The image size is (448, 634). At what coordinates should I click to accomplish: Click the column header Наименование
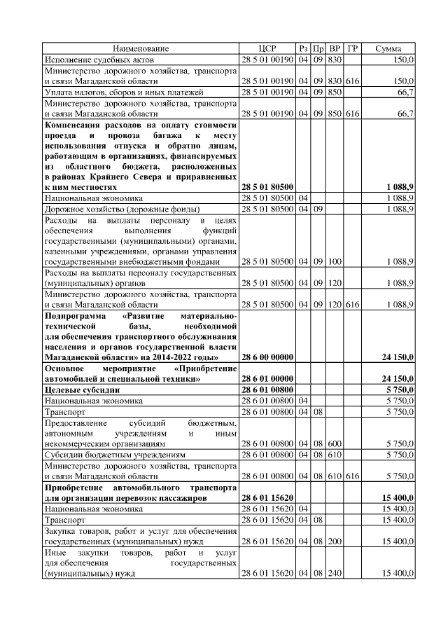tap(141, 49)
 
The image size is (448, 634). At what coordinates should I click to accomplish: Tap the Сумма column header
tap(388, 49)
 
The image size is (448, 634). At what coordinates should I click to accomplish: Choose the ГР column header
tap(352, 49)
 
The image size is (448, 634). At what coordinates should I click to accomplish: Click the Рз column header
tap(302, 49)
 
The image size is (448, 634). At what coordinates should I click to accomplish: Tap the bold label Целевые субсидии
tap(83, 389)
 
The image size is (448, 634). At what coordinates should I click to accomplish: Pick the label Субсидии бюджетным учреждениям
tap(115, 455)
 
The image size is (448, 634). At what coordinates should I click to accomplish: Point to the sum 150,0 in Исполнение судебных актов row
tap(402, 60)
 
